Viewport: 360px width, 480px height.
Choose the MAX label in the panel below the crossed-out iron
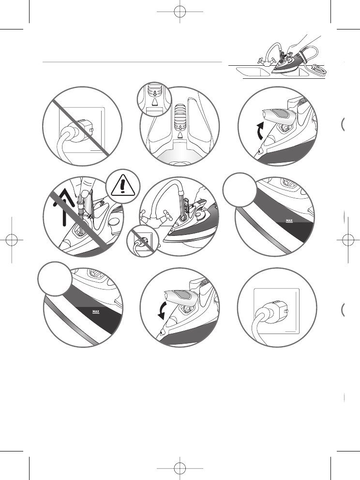coord(95,311)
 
